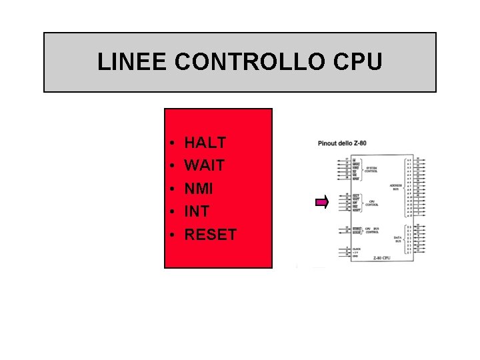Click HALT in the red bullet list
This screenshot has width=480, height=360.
click(x=205, y=143)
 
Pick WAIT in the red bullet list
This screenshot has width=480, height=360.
click(x=204, y=165)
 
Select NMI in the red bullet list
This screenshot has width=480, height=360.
click(x=198, y=189)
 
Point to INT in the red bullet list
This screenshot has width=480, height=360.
click(x=196, y=211)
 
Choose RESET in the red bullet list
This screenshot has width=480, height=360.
click(x=210, y=235)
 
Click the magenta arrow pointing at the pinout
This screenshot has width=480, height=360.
click(x=322, y=202)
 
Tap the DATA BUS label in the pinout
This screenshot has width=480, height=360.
click(x=397, y=239)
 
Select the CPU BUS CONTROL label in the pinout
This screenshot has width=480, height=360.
click(x=372, y=231)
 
